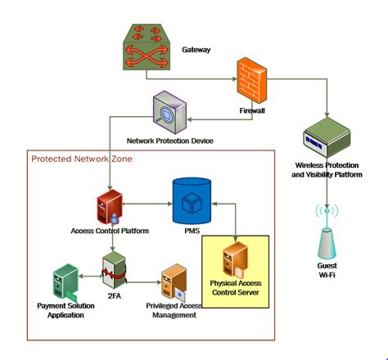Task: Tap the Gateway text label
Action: pos(196,50)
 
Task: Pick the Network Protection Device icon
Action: pos(171,111)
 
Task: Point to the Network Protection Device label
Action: pos(170,141)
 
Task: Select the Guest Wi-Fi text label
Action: pos(327,270)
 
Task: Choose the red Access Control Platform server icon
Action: pos(110,207)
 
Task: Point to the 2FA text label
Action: pos(115,300)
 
